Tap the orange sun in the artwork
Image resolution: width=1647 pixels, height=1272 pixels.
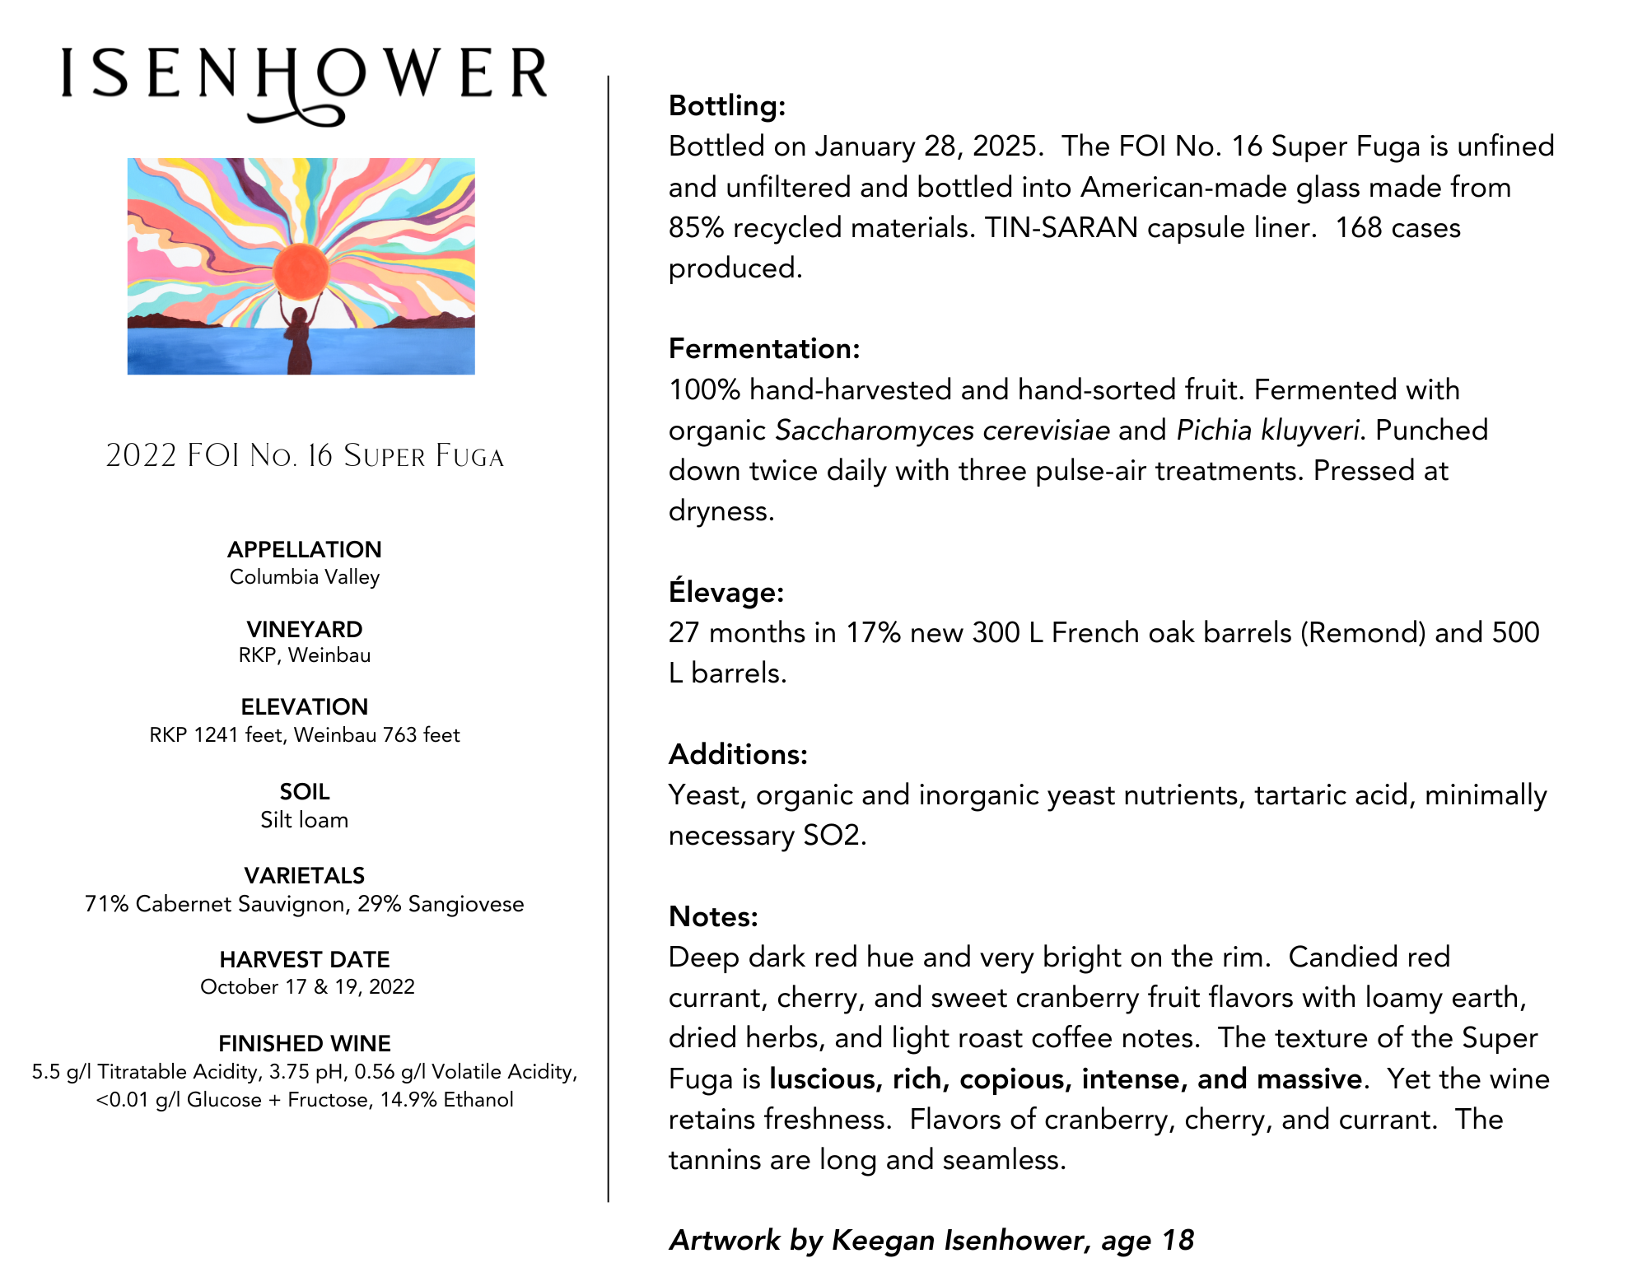[301, 271]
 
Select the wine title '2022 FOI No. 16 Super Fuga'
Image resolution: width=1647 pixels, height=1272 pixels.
[305, 455]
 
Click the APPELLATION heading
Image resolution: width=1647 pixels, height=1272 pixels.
[305, 549]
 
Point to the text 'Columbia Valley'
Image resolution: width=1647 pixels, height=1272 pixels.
[305, 577]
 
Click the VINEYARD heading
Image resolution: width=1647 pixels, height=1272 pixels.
[305, 629]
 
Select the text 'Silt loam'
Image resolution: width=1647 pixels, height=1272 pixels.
[305, 820]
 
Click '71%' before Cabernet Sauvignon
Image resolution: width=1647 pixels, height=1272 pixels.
[106, 904]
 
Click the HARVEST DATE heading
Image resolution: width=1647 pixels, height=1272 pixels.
[305, 959]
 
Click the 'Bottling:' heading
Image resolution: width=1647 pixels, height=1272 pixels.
[727, 105]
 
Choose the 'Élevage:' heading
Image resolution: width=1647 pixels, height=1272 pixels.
[726, 592]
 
